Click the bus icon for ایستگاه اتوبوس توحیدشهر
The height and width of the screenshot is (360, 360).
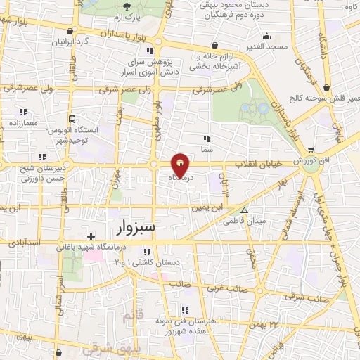point(72,120)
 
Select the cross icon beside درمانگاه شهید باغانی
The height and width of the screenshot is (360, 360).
point(91,236)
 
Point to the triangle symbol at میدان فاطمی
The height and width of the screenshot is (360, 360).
point(244,210)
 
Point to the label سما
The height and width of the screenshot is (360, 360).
point(206,149)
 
